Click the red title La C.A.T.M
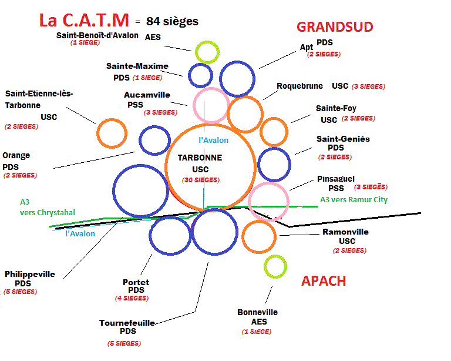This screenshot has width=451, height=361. (x=84, y=21)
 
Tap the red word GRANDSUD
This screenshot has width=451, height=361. (x=335, y=26)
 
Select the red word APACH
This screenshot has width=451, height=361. (x=323, y=280)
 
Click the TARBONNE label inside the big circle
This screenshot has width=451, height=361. (x=200, y=158)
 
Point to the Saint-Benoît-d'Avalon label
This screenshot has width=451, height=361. (x=97, y=35)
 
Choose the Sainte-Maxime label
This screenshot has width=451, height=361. (x=137, y=66)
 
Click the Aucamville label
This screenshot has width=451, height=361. (x=147, y=94)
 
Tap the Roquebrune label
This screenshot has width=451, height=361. (x=299, y=86)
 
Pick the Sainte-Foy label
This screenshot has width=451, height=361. (x=336, y=108)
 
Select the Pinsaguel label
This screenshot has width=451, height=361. (x=335, y=179)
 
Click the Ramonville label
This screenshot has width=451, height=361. (x=346, y=232)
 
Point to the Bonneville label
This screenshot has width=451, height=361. (x=257, y=312)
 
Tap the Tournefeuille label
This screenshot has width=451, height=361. (x=127, y=322)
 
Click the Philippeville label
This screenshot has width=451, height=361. (x=29, y=274)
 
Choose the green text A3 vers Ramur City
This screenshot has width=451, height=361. (x=354, y=199)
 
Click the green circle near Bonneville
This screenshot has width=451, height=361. (x=275, y=266)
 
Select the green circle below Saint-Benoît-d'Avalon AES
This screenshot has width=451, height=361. (x=207, y=52)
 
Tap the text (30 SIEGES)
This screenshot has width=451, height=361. (x=200, y=180)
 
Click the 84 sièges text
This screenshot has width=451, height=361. (x=173, y=21)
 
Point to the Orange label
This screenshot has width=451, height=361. (x=16, y=156)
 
